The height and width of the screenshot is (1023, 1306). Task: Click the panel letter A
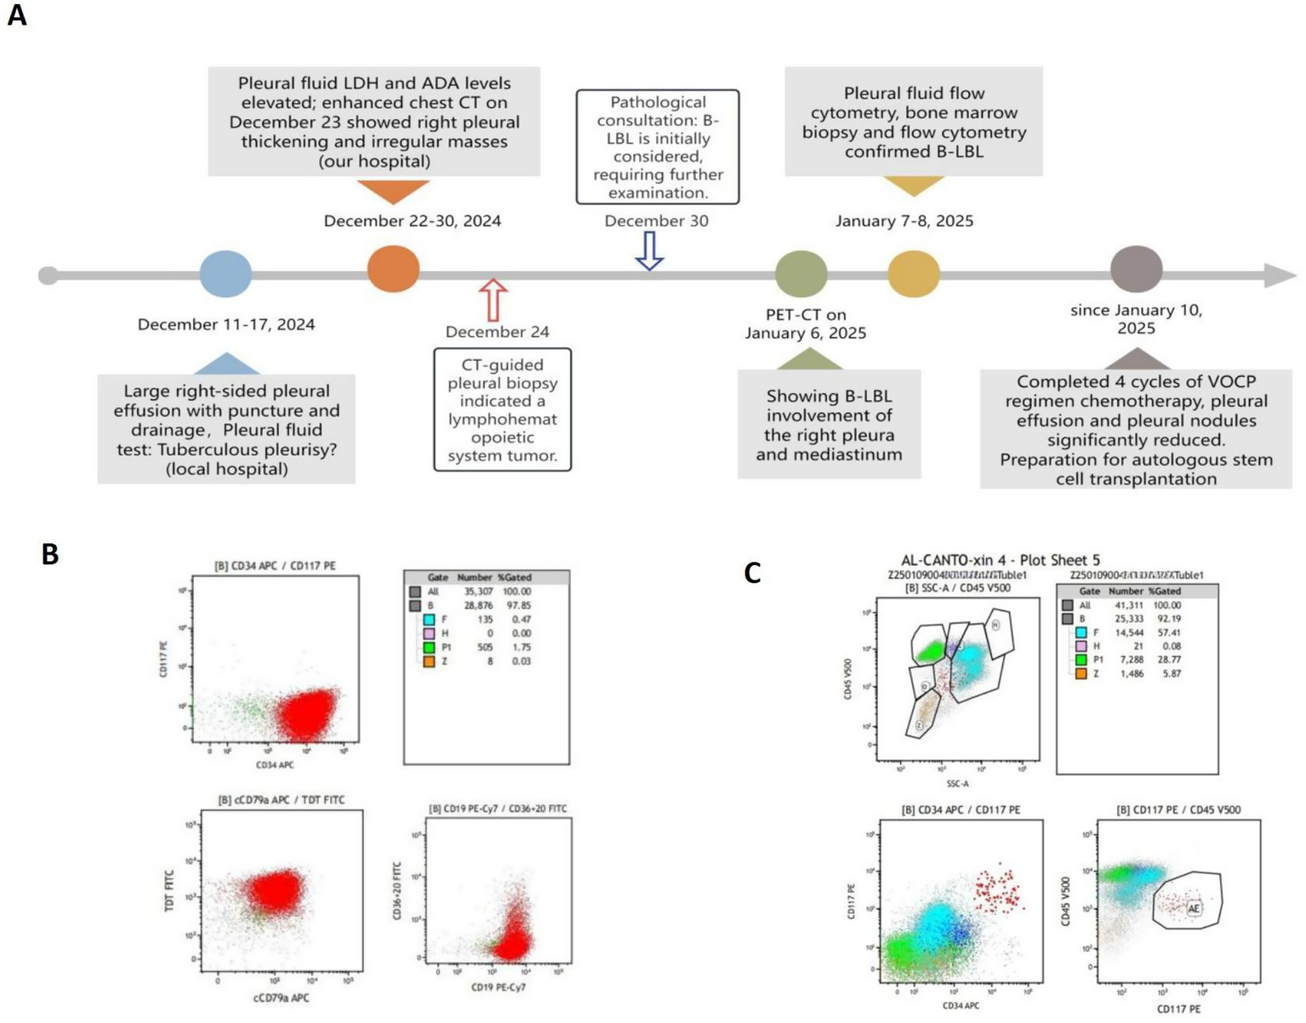click(16, 15)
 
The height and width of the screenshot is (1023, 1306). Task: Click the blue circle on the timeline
click(225, 274)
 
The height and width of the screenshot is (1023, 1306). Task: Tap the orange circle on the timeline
click(393, 268)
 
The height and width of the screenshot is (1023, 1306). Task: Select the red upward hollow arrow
click(493, 300)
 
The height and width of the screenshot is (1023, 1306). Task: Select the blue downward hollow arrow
click(650, 250)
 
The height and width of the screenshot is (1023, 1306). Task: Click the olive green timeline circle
click(801, 274)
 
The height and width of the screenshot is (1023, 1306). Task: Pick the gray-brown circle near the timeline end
click(1136, 269)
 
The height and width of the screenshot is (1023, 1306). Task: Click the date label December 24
click(497, 332)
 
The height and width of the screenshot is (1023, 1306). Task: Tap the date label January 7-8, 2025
click(904, 221)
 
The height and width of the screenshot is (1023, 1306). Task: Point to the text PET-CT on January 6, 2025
click(806, 323)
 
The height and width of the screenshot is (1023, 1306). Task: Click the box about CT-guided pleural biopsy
click(502, 409)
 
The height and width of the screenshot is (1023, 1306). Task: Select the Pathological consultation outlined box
click(658, 146)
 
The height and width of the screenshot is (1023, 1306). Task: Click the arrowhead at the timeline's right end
click(1280, 275)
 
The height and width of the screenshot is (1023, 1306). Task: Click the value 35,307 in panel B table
click(479, 592)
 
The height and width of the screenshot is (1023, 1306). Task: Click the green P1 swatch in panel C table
click(1081, 660)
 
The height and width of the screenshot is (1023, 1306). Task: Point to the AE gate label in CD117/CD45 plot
click(1194, 909)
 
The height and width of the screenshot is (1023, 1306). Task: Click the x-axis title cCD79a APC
click(281, 997)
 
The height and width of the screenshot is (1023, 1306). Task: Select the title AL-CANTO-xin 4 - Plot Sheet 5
click(1000, 560)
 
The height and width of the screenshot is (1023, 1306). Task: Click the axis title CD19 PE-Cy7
click(499, 987)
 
